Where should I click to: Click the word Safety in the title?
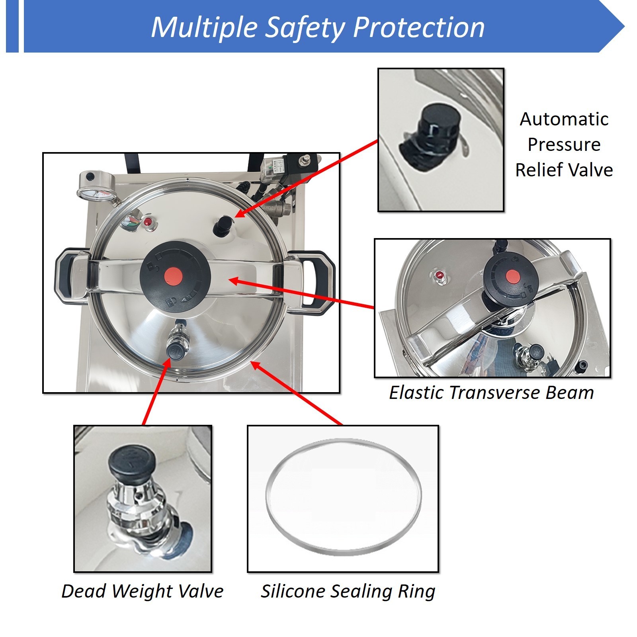(305, 28)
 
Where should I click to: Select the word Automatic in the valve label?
(564, 119)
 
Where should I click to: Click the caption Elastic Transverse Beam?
(491, 393)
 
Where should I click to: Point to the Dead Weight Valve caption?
(143, 591)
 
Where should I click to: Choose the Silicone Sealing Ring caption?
(348, 591)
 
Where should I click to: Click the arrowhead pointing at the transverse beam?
(235, 281)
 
